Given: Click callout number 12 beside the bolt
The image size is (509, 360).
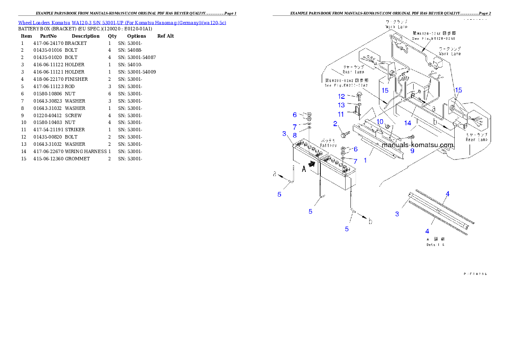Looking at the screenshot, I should (341, 97).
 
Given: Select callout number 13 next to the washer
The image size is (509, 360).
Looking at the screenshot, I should (341, 105).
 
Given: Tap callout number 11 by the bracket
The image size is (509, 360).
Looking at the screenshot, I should (341, 114).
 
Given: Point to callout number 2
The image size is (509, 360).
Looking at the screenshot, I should (336, 124).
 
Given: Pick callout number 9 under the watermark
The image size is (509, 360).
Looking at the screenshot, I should (412, 150).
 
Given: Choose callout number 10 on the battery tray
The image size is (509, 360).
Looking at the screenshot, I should (380, 122).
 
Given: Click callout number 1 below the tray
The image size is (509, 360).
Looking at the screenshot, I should (365, 160).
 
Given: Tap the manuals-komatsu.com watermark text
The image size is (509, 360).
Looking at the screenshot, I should (417, 145).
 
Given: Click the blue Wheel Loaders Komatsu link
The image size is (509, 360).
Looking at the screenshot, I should (122, 22).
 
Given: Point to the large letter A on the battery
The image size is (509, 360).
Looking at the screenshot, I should (304, 169).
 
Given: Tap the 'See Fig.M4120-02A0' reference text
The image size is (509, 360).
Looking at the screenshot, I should (433, 38).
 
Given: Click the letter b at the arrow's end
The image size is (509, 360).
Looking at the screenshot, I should (370, 221).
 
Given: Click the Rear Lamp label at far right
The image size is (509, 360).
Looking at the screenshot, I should (476, 139).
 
